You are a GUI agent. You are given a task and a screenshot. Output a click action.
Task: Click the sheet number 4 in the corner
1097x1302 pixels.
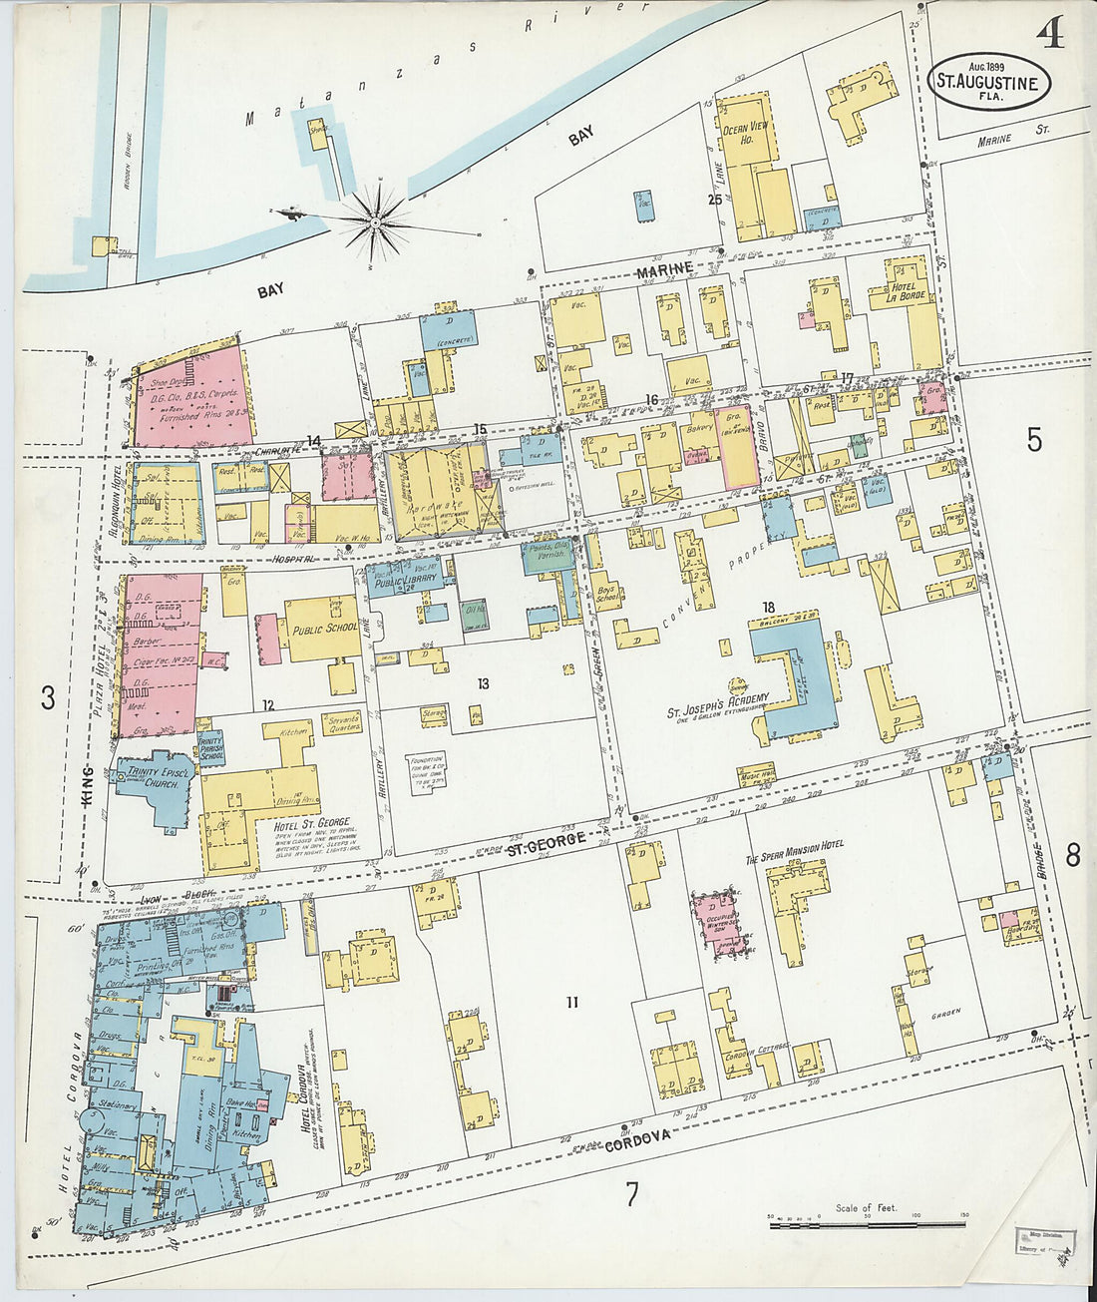pos(1048,35)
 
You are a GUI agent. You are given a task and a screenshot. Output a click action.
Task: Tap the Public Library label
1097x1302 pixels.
pos(406,586)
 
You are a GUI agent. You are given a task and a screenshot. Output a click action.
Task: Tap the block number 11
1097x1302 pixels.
pos(571,1002)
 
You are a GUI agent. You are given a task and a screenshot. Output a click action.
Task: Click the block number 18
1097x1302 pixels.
pos(768,608)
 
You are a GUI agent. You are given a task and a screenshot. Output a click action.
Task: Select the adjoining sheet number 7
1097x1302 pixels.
pos(631,1194)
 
